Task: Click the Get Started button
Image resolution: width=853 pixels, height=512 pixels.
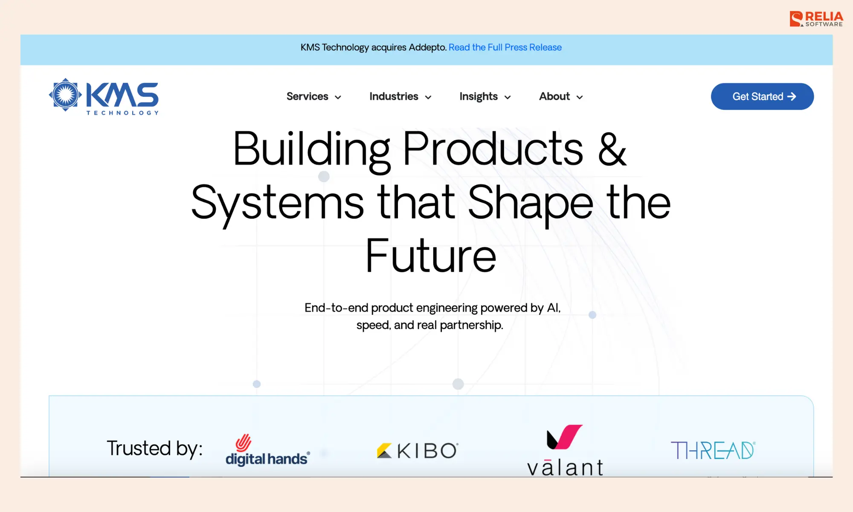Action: pyautogui.click(x=762, y=96)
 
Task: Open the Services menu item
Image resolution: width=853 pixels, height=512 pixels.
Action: pyautogui.click(x=308, y=96)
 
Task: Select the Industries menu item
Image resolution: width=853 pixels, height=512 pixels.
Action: pyautogui.click(x=394, y=96)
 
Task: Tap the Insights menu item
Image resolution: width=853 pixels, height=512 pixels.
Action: pyautogui.click(x=479, y=96)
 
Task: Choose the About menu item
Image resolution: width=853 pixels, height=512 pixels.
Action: pyautogui.click(x=554, y=96)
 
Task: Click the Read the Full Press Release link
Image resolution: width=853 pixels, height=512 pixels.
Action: pyautogui.click(x=505, y=47)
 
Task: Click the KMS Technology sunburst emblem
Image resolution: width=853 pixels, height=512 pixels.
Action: pyautogui.click(x=65, y=95)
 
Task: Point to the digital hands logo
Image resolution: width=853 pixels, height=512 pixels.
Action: pyautogui.click(x=267, y=451)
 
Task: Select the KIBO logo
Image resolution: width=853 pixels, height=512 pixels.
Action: pyautogui.click(x=418, y=451)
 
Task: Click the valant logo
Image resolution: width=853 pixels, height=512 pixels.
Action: pyautogui.click(x=565, y=451)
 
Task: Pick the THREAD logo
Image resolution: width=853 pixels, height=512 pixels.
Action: pyautogui.click(x=713, y=451)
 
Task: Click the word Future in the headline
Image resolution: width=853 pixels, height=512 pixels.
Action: pyautogui.click(x=431, y=256)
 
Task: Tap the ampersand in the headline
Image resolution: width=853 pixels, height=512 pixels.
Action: pyautogui.click(x=612, y=149)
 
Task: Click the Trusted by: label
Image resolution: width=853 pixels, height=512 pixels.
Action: pyautogui.click(x=154, y=448)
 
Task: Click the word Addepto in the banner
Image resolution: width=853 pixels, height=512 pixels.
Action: pyautogui.click(x=427, y=47)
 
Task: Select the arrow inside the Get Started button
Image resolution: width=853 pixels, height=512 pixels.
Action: pyautogui.click(x=792, y=96)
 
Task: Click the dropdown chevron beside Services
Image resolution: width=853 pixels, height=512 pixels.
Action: pyautogui.click(x=338, y=97)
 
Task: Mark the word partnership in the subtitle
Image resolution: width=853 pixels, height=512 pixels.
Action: pyautogui.click(x=471, y=325)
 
